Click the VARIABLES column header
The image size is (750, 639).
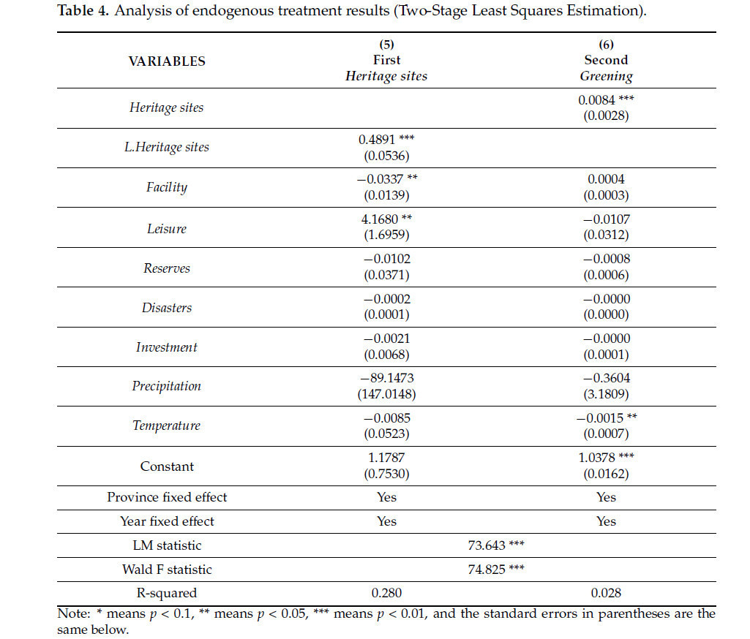(x=167, y=61)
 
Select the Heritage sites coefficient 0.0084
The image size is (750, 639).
(x=597, y=100)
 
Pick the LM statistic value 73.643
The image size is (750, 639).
(x=488, y=545)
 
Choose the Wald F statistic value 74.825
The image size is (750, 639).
(x=488, y=569)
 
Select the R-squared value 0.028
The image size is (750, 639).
(x=606, y=593)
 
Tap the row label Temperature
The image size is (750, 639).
(x=166, y=426)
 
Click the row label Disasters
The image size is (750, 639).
(x=167, y=308)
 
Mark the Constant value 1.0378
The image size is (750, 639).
(x=597, y=457)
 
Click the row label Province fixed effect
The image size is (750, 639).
(x=167, y=497)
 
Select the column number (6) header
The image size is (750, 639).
(x=606, y=45)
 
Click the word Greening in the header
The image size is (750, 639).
(x=606, y=76)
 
